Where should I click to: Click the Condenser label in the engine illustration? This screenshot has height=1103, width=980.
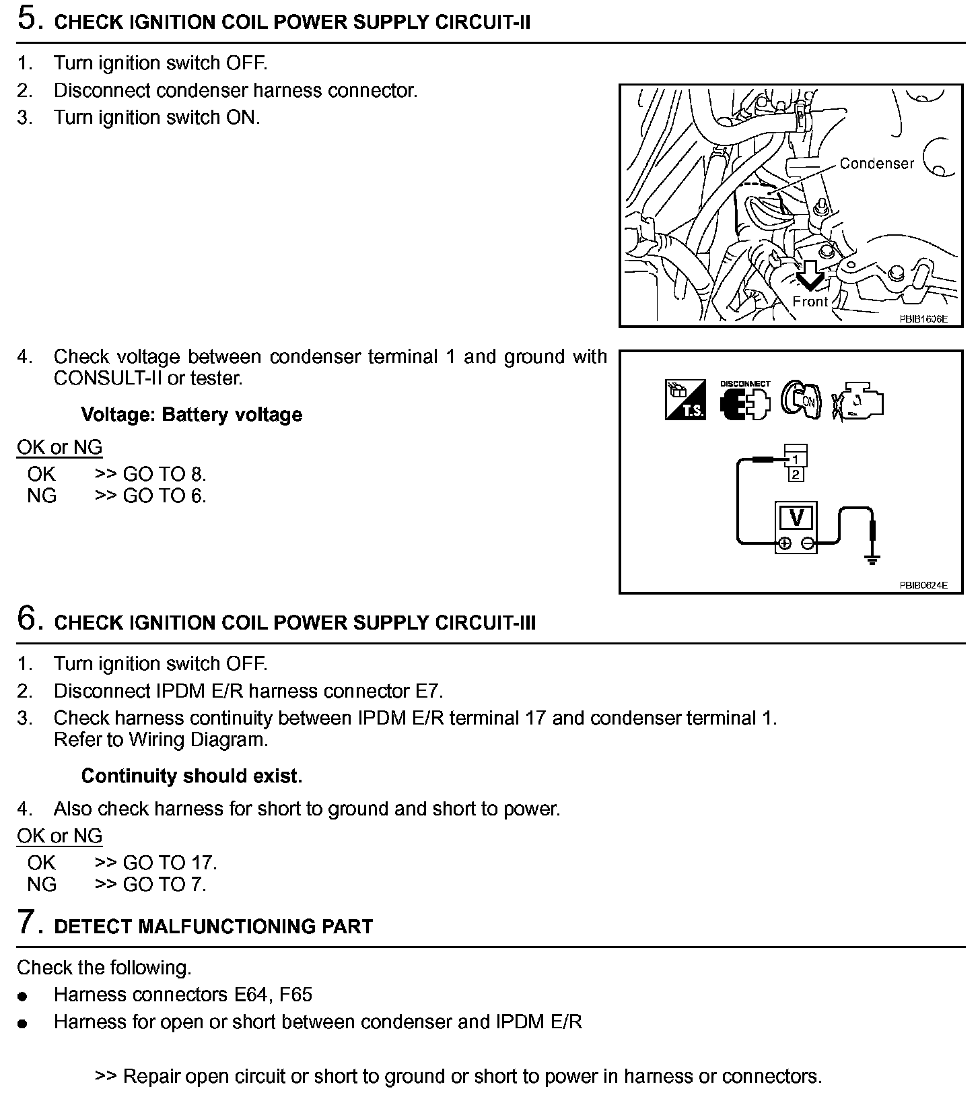click(x=876, y=164)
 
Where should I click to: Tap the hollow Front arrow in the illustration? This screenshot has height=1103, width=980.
click(x=810, y=274)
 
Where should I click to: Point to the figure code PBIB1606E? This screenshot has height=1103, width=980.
click(x=923, y=319)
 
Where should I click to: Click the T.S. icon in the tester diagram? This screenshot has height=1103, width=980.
click(x=685, y=400)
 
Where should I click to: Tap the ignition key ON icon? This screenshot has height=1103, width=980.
click(x=801, y=401)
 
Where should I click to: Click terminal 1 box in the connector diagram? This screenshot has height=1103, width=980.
click(x=796, y=460)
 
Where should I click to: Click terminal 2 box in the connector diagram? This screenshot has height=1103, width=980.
click(x=796, y=475)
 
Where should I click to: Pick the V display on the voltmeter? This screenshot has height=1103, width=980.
click(x=797, y=518)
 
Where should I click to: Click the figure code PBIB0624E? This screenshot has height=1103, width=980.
click(x=923, y=585)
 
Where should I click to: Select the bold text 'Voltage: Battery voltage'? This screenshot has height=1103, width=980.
click(x=191, y=414)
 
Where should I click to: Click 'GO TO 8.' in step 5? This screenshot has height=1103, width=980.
click(x=164, y=474)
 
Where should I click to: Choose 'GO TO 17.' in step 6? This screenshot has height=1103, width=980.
click(x=170, y=863)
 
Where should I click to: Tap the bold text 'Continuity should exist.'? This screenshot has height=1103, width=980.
click(x=191, y=776)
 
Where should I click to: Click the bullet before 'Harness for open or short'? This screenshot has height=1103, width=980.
click(x=24, y=1024)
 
